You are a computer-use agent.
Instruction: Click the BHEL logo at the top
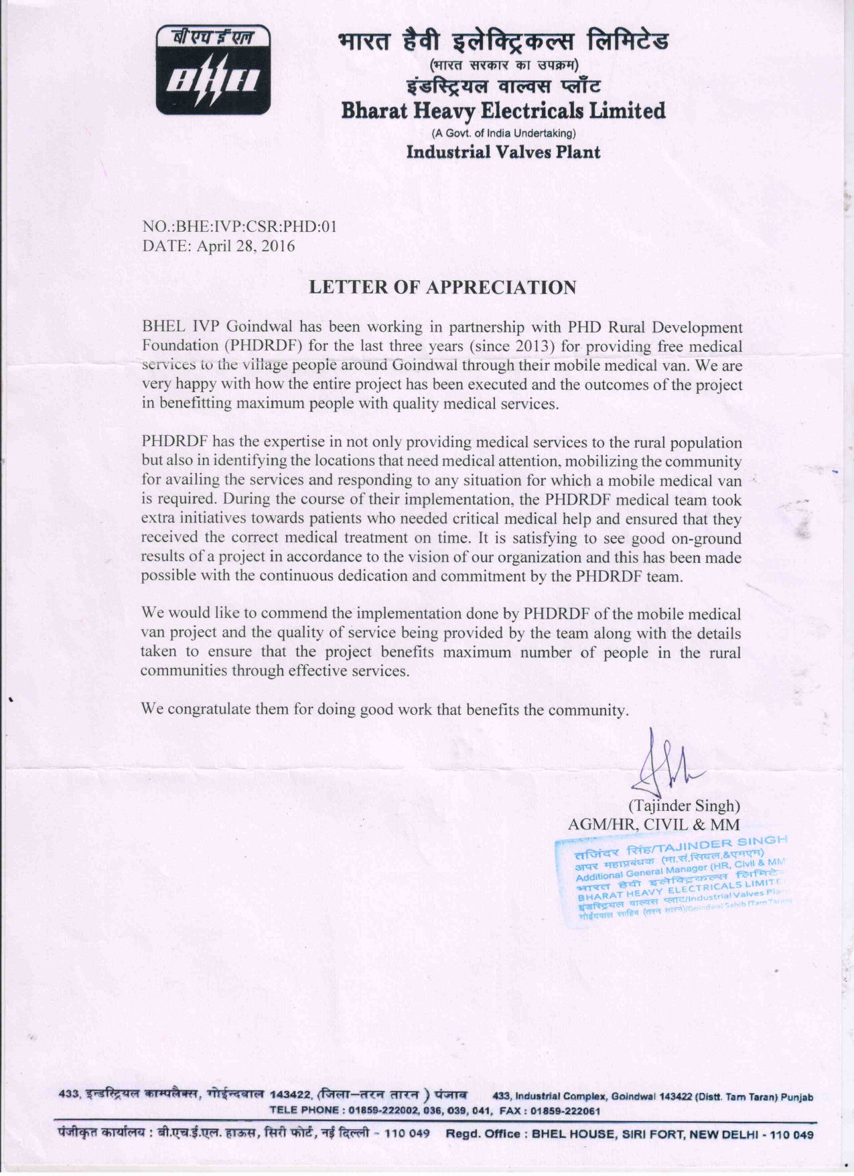(x=213, y=70)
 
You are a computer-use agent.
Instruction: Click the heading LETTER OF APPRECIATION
(x=442, y=287)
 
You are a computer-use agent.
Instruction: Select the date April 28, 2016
(x=245, y=246)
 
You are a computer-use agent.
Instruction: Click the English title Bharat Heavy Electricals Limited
(x=503, y=110)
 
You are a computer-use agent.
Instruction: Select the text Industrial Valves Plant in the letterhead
(x=503, y=152)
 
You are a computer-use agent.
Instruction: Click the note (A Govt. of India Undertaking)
(x=503, y=133)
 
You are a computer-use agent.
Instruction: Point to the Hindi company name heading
(x=503, y=42)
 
